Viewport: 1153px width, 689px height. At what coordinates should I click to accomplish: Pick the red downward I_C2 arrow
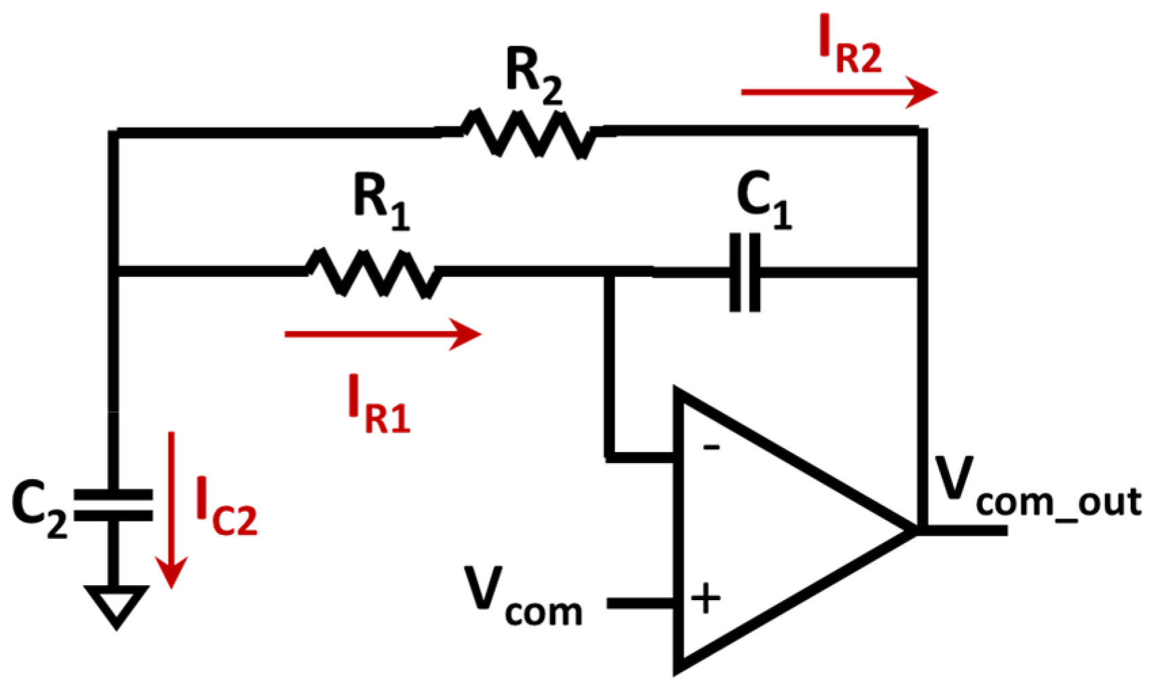point(171,509)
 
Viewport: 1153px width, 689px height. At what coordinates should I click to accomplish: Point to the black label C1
point(764,199)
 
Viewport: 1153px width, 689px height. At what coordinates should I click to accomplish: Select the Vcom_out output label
point(1038,489)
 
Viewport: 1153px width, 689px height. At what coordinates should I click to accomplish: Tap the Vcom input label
point(523,597)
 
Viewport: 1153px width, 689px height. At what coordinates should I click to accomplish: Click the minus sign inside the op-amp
point(711,447)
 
